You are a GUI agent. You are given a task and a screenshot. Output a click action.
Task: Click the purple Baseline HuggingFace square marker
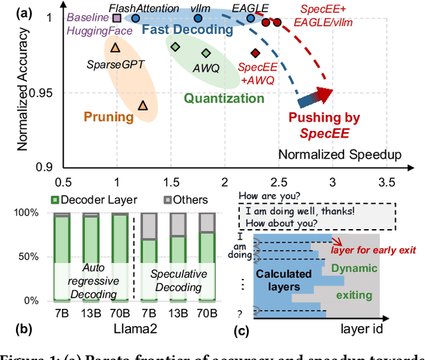pos(117,18)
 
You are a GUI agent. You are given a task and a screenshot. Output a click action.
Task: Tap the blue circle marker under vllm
pos(197,18)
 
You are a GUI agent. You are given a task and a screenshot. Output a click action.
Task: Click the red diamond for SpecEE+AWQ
pos(255,53)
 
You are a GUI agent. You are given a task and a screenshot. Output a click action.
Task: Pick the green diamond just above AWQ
pos(206,53)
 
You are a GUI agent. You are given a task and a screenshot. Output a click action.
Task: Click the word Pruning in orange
pos(108,117)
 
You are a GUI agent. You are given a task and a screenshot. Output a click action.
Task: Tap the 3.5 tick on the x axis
pos(386,182)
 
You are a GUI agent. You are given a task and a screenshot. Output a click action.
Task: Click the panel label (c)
pos(244,329)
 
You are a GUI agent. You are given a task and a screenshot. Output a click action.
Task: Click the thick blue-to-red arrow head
pos(325,96)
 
